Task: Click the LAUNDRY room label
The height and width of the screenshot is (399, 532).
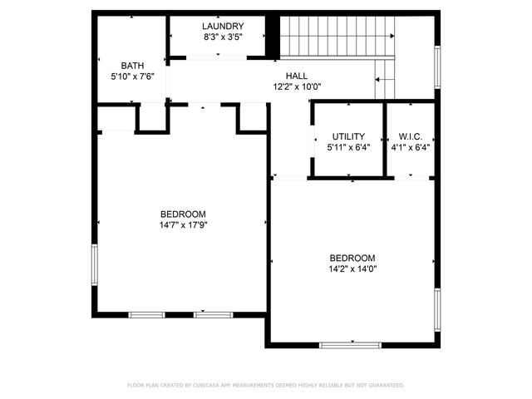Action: point(222,26)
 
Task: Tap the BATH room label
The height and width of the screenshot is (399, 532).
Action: point(132,65)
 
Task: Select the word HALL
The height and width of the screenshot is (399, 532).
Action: point(297,76)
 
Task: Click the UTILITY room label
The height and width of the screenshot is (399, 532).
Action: point(348,136)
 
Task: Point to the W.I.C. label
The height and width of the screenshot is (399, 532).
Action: point(411,136)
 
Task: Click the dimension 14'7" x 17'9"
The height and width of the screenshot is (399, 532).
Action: point(182,224)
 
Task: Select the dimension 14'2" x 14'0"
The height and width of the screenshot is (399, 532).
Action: point(352,268)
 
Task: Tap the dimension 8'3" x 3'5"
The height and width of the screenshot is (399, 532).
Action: point(222,37)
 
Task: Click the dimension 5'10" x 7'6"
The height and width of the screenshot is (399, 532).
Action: point(132,76)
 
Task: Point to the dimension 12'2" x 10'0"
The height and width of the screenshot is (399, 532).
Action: point(297,86)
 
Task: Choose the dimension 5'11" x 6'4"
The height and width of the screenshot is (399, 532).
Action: point(348,147)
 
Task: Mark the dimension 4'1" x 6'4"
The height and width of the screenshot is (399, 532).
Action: point(411,147)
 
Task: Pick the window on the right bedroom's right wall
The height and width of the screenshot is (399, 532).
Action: point(436,307)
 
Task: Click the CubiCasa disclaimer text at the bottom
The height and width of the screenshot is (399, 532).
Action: point(266,385)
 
